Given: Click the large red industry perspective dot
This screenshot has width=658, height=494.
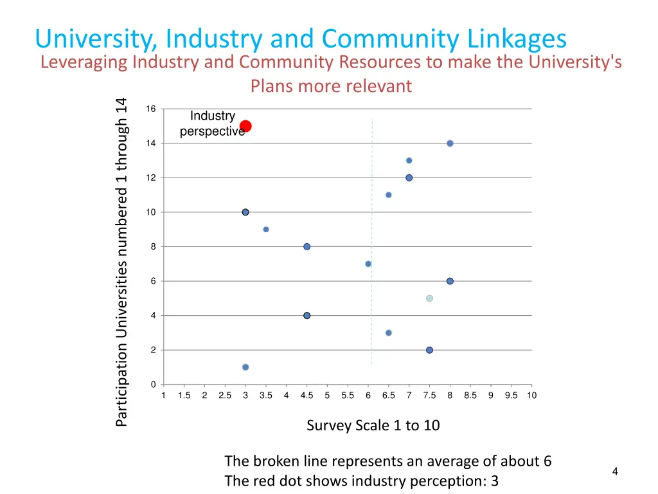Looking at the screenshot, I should click(x=245, y=126).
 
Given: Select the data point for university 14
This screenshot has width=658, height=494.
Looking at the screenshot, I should click(x=450, y=143).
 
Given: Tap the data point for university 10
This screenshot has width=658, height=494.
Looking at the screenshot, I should click(x=245, y=212).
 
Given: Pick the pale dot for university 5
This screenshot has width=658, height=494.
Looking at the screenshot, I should click(x=429, y=298).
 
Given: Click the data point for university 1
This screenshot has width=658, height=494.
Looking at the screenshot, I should click(x=245, y=367).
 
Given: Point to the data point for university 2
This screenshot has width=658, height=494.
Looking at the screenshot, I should click(x=429, y=350).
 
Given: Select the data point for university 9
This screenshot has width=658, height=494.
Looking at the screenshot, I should click(x=266, y=230).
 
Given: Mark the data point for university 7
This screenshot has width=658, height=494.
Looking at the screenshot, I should click(x=368, y=264).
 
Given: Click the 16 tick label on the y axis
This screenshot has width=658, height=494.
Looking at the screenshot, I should click(x=150, y=109).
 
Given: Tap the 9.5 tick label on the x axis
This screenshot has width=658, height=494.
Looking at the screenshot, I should click(x=511, y=396).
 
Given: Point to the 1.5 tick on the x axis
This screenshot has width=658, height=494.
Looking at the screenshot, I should click(x=184, y=396).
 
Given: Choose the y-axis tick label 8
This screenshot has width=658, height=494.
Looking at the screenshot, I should click(x=153, y=247).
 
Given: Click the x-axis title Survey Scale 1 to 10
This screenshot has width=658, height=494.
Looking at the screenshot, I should click(x=373, y=425).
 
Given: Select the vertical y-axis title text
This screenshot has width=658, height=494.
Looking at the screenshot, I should click(x=122, y=261).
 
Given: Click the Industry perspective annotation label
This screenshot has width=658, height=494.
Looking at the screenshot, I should click(x=212, y=123).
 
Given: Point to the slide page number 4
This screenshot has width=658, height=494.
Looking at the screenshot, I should click(x=615, y=471).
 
